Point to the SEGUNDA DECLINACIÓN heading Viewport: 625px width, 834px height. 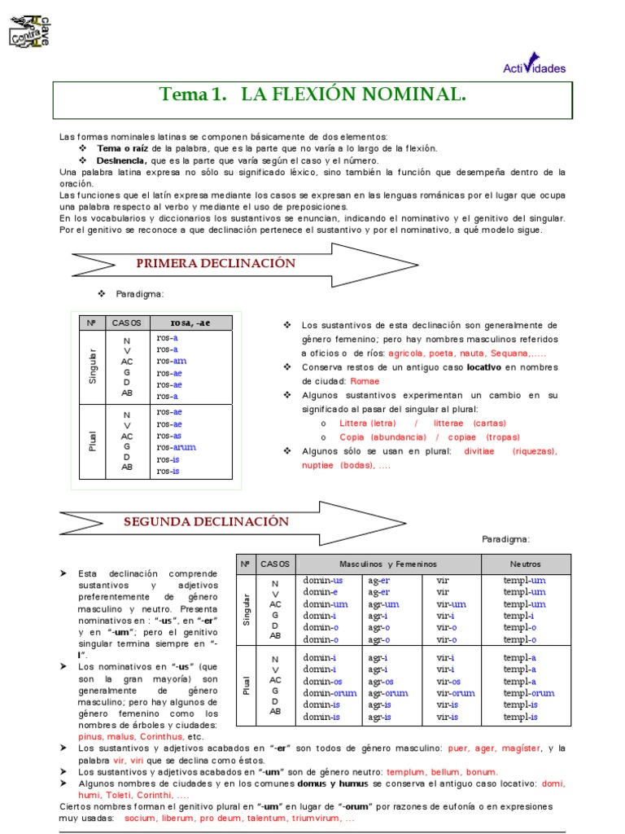pos(207,521)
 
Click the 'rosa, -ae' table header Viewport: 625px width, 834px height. pos(190,323)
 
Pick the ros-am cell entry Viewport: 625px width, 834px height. pos(172,361)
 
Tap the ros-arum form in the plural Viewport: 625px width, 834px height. pos(177,447)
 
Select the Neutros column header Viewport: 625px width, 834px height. pos(525,564)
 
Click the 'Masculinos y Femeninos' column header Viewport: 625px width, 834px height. pos(388,564)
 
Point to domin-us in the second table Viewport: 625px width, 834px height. pos(323,581)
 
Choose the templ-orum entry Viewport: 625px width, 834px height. pos(528,693)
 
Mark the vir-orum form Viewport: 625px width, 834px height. pos(455,693)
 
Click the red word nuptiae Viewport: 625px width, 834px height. pos(300,465)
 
